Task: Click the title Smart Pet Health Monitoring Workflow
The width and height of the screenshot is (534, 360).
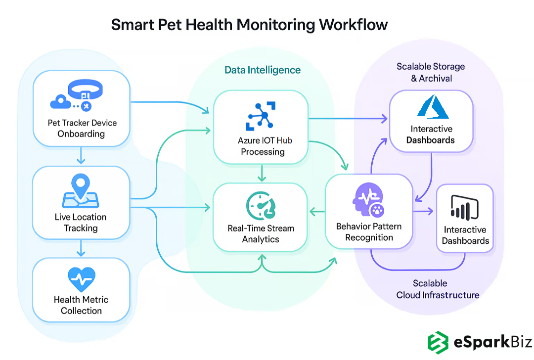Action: pos(249,24)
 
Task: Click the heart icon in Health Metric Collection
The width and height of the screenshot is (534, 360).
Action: pos(81,279)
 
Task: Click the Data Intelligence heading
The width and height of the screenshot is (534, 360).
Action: pos(263,70)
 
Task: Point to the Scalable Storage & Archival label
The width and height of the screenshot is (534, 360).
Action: pos(431,72)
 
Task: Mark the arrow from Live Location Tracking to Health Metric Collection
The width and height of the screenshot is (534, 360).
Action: pos(82,249)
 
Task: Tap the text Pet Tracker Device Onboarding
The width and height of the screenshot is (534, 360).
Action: pos(82,128)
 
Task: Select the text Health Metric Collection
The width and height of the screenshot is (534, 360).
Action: pos(81,305)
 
